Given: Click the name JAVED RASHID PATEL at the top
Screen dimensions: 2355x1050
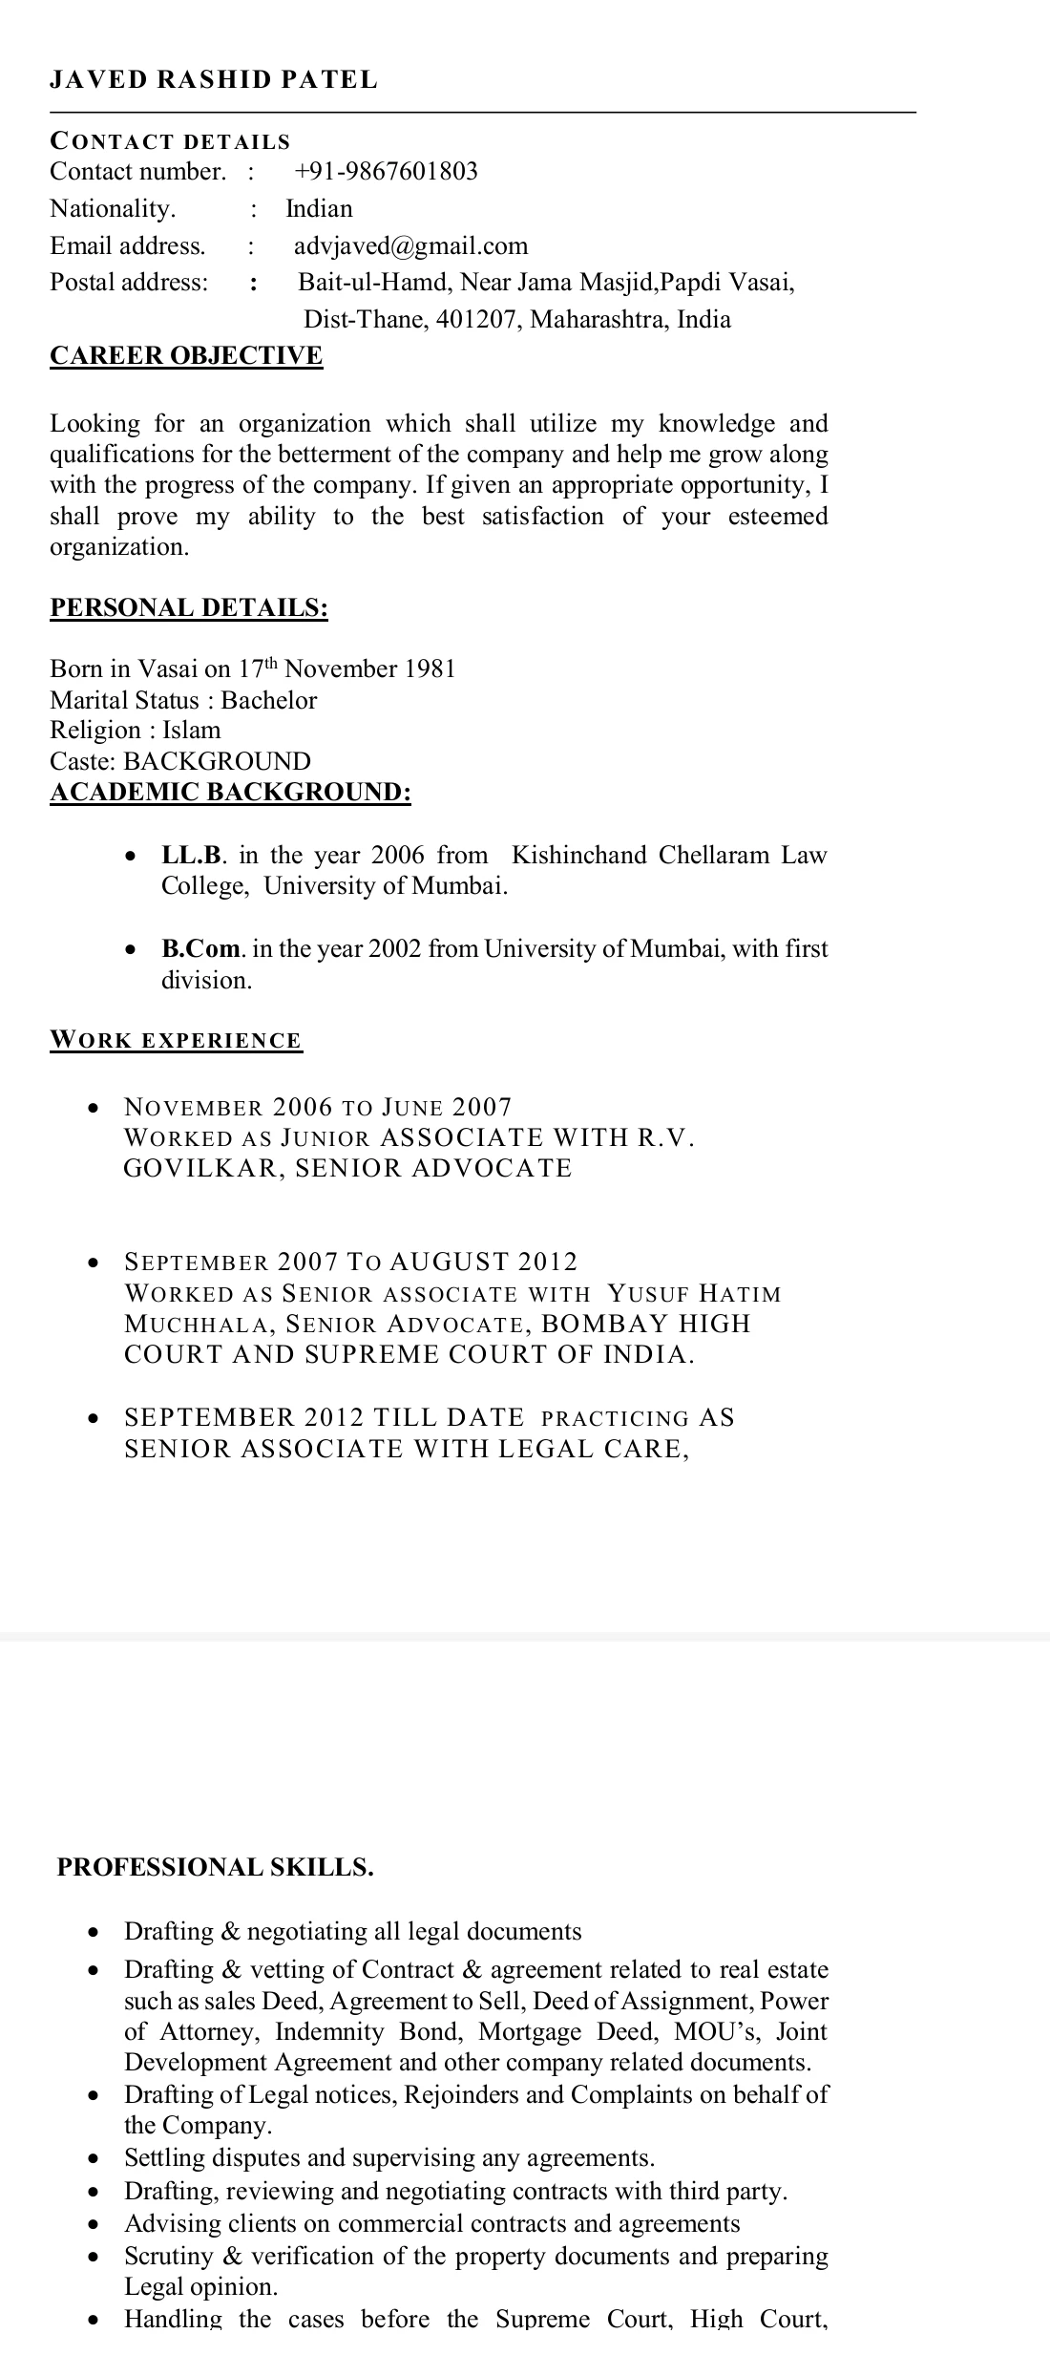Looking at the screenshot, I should pyautogui.click(x=214, y=80).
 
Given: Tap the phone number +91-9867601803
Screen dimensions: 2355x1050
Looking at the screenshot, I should pyautogui.click(x=386, y=172).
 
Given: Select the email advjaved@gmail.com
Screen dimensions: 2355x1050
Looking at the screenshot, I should pyautogui.click(x=410, y=246).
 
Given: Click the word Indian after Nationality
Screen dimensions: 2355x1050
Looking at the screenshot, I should pyautogui.click(x=319, y=209).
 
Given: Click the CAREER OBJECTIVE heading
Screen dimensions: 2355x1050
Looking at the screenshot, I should pyautogui.click(x=186, y=356).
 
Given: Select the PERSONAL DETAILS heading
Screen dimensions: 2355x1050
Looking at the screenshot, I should pyautogui.click(x=189, y=608).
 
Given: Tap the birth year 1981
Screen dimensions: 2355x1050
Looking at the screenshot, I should pyautogui.click(x=430, y=668).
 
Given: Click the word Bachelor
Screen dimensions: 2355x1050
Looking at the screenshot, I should pyautogui.click(x=269, y=700).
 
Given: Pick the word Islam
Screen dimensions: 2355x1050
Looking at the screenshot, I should pyautogui.click(x=191, y=731).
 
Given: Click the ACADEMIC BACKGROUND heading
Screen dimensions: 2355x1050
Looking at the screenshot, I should pyautogui.click(x=230, y=793).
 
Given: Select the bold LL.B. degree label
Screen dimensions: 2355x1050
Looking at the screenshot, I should pyautogui.click(x=192, y=855).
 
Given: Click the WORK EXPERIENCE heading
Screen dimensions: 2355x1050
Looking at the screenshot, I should pyautogui.click(x=176, y=1041).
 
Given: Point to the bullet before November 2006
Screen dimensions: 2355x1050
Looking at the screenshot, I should pyautogui.click(x=93, y=1109).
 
